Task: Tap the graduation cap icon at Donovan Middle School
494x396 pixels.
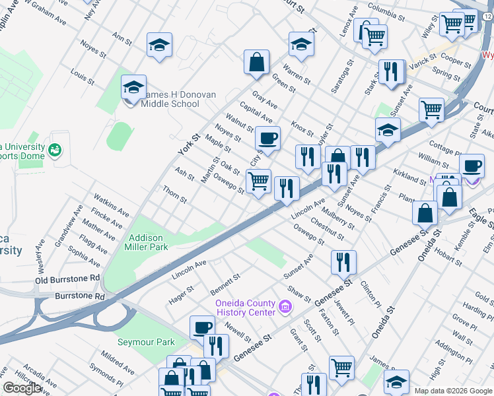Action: pos(133,87)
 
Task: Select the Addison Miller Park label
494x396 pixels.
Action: pos(147,242)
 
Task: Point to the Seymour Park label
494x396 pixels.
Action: pos(146,342)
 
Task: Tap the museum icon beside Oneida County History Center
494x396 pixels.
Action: pos(285,306)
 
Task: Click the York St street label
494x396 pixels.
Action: pos(188,144)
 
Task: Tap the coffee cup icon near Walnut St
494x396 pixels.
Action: pos(267,139)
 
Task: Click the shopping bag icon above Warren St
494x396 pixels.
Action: pos(256,63)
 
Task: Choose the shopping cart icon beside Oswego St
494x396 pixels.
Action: pos(258,181)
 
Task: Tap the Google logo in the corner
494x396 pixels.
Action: pos(22,388)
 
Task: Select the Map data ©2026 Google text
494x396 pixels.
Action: pos(453,390)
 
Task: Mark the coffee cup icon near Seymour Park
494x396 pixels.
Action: pos(202,327)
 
